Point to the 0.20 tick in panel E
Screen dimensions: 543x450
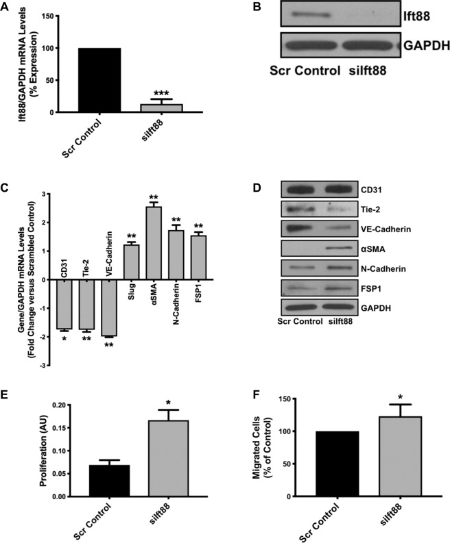coord(49,405)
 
